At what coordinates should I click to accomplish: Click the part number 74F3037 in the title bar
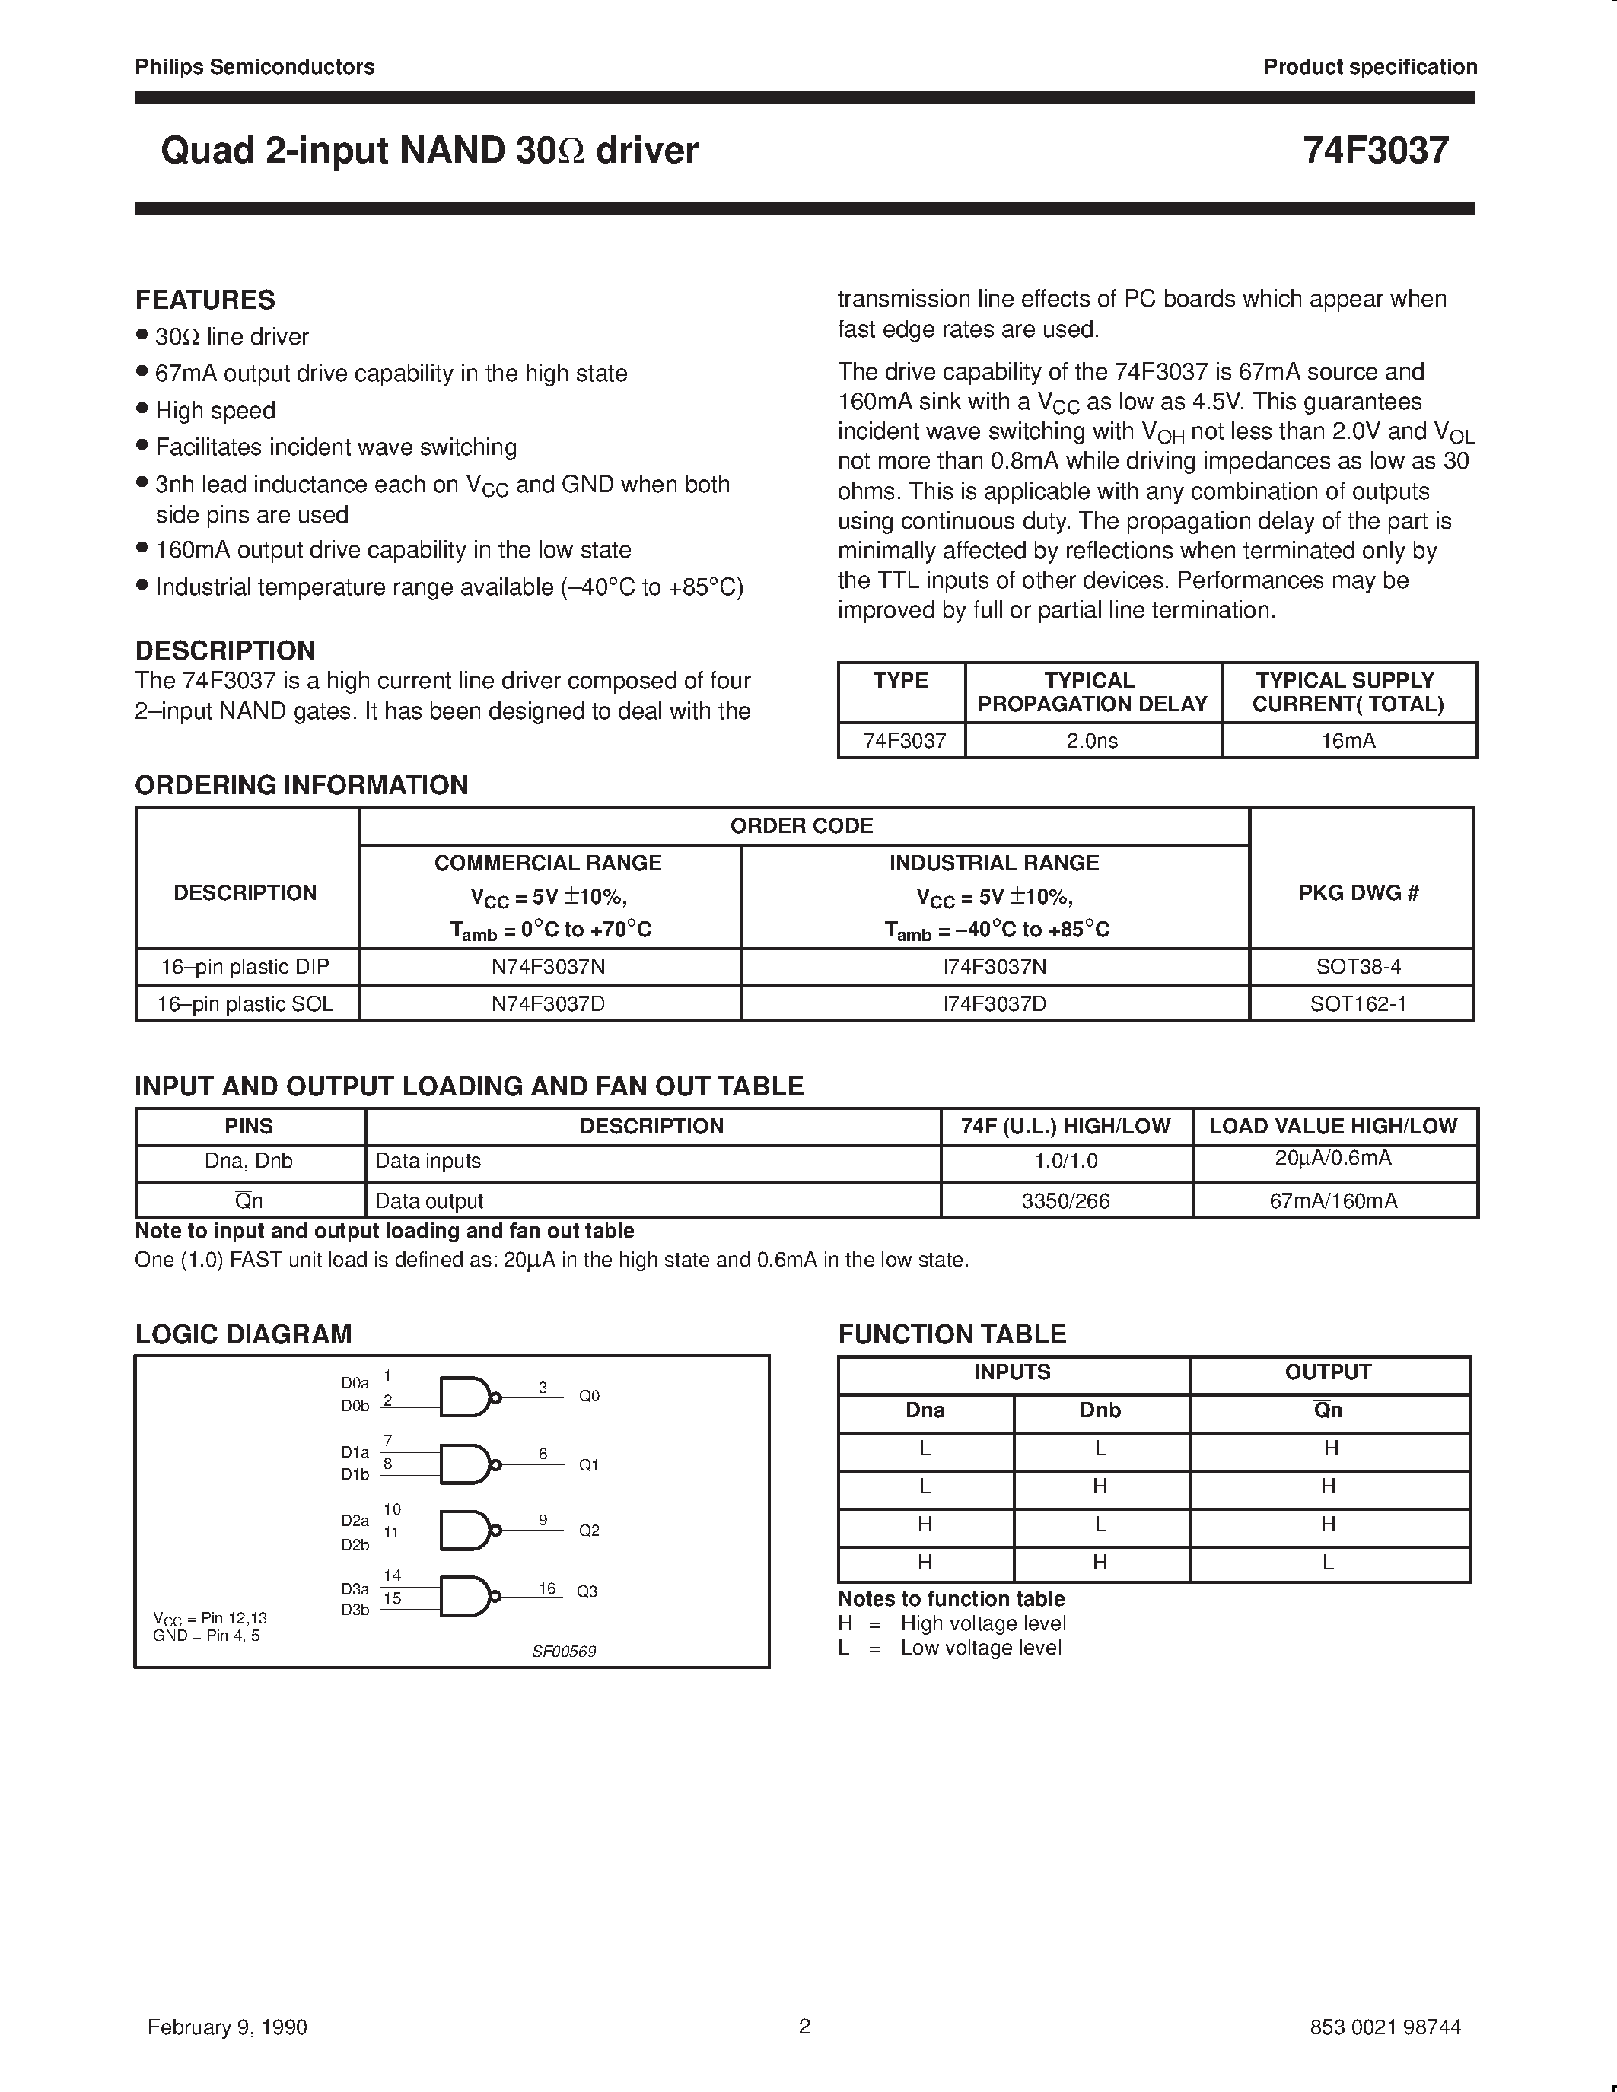[x=1375, y=151]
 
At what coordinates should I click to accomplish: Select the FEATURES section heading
[x=205, y=300]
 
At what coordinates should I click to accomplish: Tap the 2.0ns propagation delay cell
[x=1092, y=740]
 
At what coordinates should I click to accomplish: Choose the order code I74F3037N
[x=995, y=966]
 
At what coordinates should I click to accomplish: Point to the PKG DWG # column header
[x=1358, y=893]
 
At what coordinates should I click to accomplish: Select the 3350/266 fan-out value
[x=1065, y=1200]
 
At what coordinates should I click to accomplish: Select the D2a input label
[x=355, y=1520]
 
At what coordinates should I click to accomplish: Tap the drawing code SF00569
[x=564, y=1652]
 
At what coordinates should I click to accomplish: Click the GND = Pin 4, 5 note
[x=206, y=1635]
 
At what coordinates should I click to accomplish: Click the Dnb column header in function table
[x=1100, y=1410]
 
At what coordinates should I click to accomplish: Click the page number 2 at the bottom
[x=804, y=2025]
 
